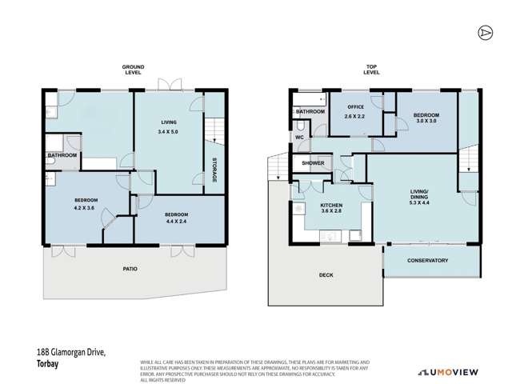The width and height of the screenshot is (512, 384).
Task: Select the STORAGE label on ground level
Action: [214, 169]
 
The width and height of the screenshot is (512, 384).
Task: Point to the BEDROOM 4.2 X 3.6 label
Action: [86, 204]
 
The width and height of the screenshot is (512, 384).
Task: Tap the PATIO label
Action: [130, 269]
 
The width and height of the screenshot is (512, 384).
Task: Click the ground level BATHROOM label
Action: [62, 155]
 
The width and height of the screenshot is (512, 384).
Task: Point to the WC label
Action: [300, 138]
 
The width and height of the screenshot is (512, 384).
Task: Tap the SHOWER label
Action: [312, 163]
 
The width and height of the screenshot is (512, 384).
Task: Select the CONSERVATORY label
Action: [427, 261]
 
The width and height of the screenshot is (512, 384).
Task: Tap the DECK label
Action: [326, 275]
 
